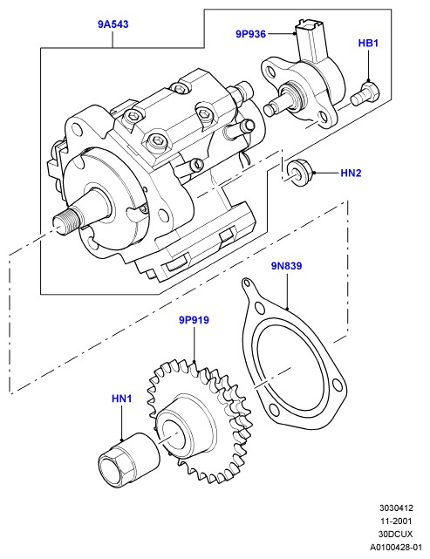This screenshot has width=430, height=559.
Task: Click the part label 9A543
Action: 113,24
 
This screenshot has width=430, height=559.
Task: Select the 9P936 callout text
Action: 250,34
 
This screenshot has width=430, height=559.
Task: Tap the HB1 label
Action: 368,44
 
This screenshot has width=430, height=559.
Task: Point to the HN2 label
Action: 351,174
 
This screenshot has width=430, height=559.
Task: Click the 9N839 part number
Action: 286,266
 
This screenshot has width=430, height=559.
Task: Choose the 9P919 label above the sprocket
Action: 194,320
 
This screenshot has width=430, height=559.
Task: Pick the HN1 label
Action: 121,399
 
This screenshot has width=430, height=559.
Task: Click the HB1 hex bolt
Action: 365,94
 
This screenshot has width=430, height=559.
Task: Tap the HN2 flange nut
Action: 299,172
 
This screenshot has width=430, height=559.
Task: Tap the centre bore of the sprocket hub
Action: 174,436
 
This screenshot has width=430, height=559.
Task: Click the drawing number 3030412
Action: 396,508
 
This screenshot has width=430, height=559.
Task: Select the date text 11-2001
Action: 396,521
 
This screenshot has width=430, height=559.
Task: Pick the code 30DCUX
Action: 395,534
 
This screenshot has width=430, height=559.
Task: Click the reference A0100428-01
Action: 396,547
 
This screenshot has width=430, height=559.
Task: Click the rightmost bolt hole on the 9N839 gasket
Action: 336,385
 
